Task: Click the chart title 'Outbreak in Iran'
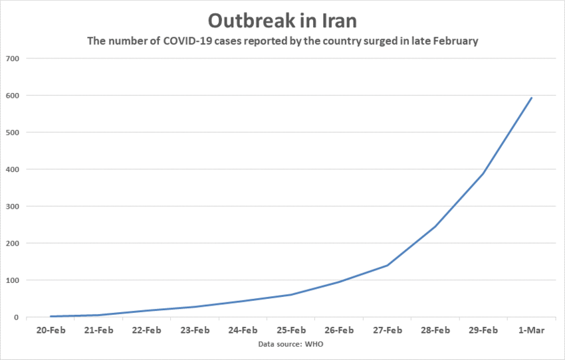282,20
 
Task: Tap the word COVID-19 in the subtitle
183,41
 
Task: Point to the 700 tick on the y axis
12,58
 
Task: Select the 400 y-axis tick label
12,169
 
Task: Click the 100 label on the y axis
12,280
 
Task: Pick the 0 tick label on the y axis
16,317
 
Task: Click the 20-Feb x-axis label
51,330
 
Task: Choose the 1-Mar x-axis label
532,330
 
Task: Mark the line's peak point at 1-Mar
532,98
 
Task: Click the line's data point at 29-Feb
483,174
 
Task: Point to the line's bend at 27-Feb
388,266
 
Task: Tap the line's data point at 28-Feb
435,226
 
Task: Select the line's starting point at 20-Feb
51,316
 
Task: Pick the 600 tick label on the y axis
12,96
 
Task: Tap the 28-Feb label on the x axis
435,330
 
